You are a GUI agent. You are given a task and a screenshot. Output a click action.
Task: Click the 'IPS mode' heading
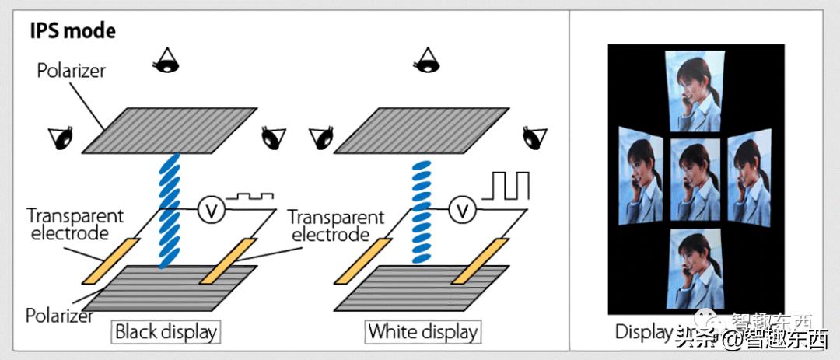(x=72, y=31)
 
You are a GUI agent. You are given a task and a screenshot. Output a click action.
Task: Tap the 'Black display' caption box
(x=164, y=331)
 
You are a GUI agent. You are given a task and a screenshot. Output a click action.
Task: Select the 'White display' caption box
(x=422, y=331)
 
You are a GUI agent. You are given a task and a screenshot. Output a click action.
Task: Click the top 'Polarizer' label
(x=71, y=71)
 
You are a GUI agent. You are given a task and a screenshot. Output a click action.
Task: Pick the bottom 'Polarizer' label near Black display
(x=60, y=315)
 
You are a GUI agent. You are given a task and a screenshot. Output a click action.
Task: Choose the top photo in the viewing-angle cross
(x=695, y=87)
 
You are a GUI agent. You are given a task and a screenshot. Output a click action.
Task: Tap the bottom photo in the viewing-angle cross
(x=695, y=268)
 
